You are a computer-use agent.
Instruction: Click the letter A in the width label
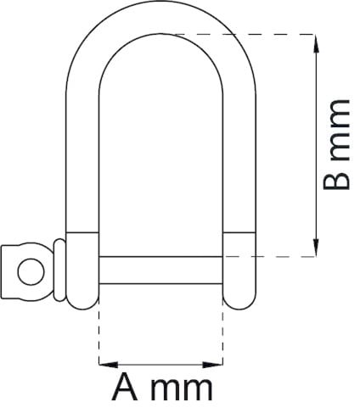(125, 389)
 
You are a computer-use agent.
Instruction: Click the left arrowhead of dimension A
(104, 364)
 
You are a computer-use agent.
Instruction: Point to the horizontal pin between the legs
(160, 270)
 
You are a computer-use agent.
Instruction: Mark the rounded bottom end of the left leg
(83, 294)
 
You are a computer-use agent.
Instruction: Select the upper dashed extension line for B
(238, 34)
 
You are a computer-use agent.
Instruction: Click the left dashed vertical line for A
(99, 331)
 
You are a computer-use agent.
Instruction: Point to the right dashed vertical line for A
(223, 331)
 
